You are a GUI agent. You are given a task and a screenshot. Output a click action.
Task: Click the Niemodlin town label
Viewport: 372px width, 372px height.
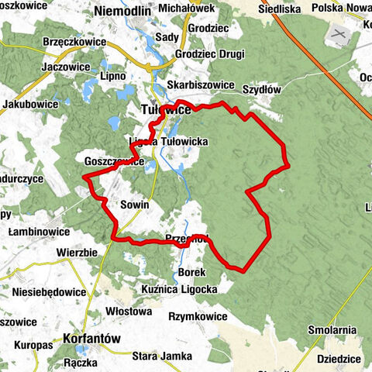[x=122, y=11]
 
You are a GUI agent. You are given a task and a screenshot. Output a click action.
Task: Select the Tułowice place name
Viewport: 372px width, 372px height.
[x=166, y=111]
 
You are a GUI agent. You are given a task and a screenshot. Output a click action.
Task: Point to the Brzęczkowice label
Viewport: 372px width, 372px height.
[x=76, y=42]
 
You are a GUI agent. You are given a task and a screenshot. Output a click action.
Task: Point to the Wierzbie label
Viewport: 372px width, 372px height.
[x=77, y=253]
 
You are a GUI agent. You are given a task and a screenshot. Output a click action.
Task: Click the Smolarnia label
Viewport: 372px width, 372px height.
[x=331, y=330]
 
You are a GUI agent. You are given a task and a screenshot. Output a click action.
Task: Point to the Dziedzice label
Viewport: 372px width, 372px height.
[x=342, y=359]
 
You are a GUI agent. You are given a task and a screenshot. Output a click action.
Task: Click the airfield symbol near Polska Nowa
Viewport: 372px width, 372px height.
[x=337, y=35]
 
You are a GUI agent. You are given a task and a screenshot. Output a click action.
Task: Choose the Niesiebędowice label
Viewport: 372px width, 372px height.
[x=49, y=292]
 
